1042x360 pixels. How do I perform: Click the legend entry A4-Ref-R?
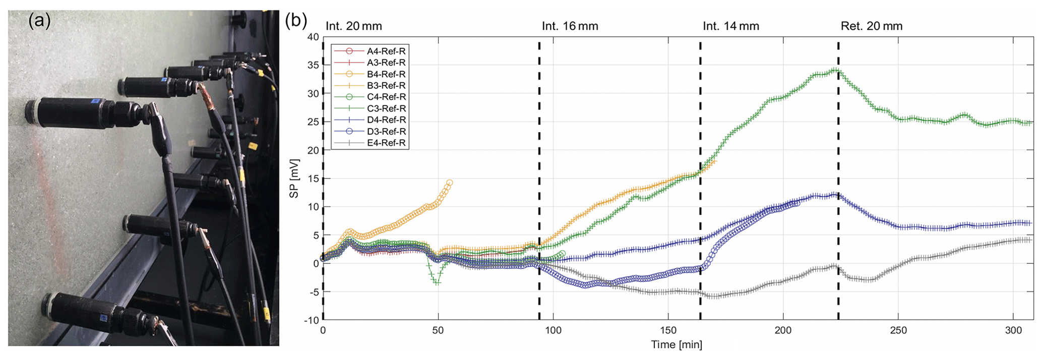click(x=386, y=51)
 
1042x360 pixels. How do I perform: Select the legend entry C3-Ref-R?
click(x=386, y=108)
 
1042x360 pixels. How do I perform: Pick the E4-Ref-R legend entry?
click(x=386, y=143)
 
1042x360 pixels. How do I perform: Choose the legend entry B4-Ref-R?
click(x=386, y=74)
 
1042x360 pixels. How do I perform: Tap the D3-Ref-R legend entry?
click(x=386, y=132)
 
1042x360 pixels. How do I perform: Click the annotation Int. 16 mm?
click(x=570, y=26)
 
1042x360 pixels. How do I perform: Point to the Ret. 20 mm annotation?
click(x=871, y=26)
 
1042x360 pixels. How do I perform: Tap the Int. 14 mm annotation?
click(x=730, y=26)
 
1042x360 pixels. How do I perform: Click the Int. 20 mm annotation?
click(x=353, y=26)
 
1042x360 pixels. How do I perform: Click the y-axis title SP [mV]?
click(x=294, y=178)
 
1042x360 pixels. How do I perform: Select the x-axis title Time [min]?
click(x=676, y=345)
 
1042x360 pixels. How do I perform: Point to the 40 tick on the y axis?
click(x=313, y=37)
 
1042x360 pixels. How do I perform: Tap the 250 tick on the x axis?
click(x=898, y=331)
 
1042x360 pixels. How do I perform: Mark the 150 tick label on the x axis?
click(x=668, y=331)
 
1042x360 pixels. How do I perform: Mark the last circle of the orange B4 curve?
click(x=449, y=183)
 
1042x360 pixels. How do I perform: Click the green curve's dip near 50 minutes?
click(x=437, y=282)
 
